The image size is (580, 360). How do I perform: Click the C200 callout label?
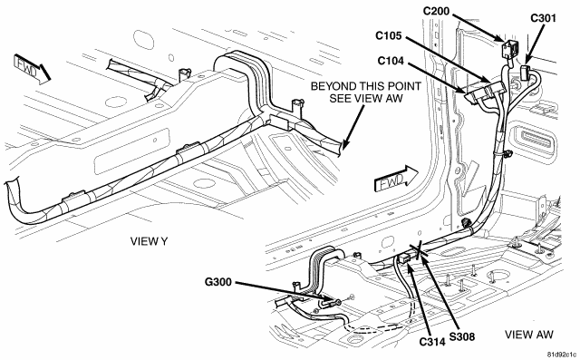[x=436, y=12]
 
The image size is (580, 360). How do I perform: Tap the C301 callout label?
[x=543, y=18]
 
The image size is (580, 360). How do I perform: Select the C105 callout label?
[x=388, y=35]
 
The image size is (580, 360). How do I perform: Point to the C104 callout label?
[x=391, y=61]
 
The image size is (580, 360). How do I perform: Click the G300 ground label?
[x=217, y=282]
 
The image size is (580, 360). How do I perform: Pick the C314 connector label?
[x=432, y=342]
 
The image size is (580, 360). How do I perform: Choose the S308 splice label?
[x=461, y=336]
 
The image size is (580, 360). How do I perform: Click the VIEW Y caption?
[x=149, y=241]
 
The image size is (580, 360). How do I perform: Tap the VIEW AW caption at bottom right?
[x=529, y=335]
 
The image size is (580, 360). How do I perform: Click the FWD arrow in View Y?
[x=32, y=69]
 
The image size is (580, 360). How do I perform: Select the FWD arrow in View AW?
[x=396, y=180]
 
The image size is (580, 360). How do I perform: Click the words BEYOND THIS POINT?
[x=365, y=86]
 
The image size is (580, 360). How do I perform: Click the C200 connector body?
[x=509, y=49]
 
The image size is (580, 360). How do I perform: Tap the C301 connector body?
[x=526, y=72]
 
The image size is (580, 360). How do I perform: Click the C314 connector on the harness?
[x=405, y=258]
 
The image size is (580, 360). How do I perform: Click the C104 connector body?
[x=475, y=94]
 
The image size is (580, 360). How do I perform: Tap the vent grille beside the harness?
[x=536, y=139]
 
